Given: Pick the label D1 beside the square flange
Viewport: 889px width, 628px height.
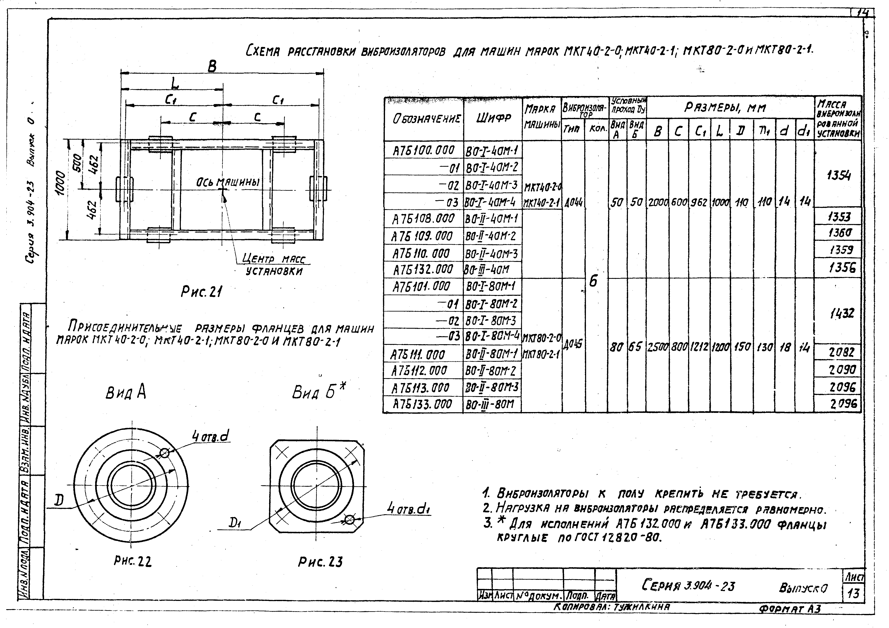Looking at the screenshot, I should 235,524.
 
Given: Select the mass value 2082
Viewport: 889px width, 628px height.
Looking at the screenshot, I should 839,352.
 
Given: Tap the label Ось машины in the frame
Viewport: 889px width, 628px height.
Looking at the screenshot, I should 227,182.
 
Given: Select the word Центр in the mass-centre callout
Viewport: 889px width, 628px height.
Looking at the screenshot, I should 258,259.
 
